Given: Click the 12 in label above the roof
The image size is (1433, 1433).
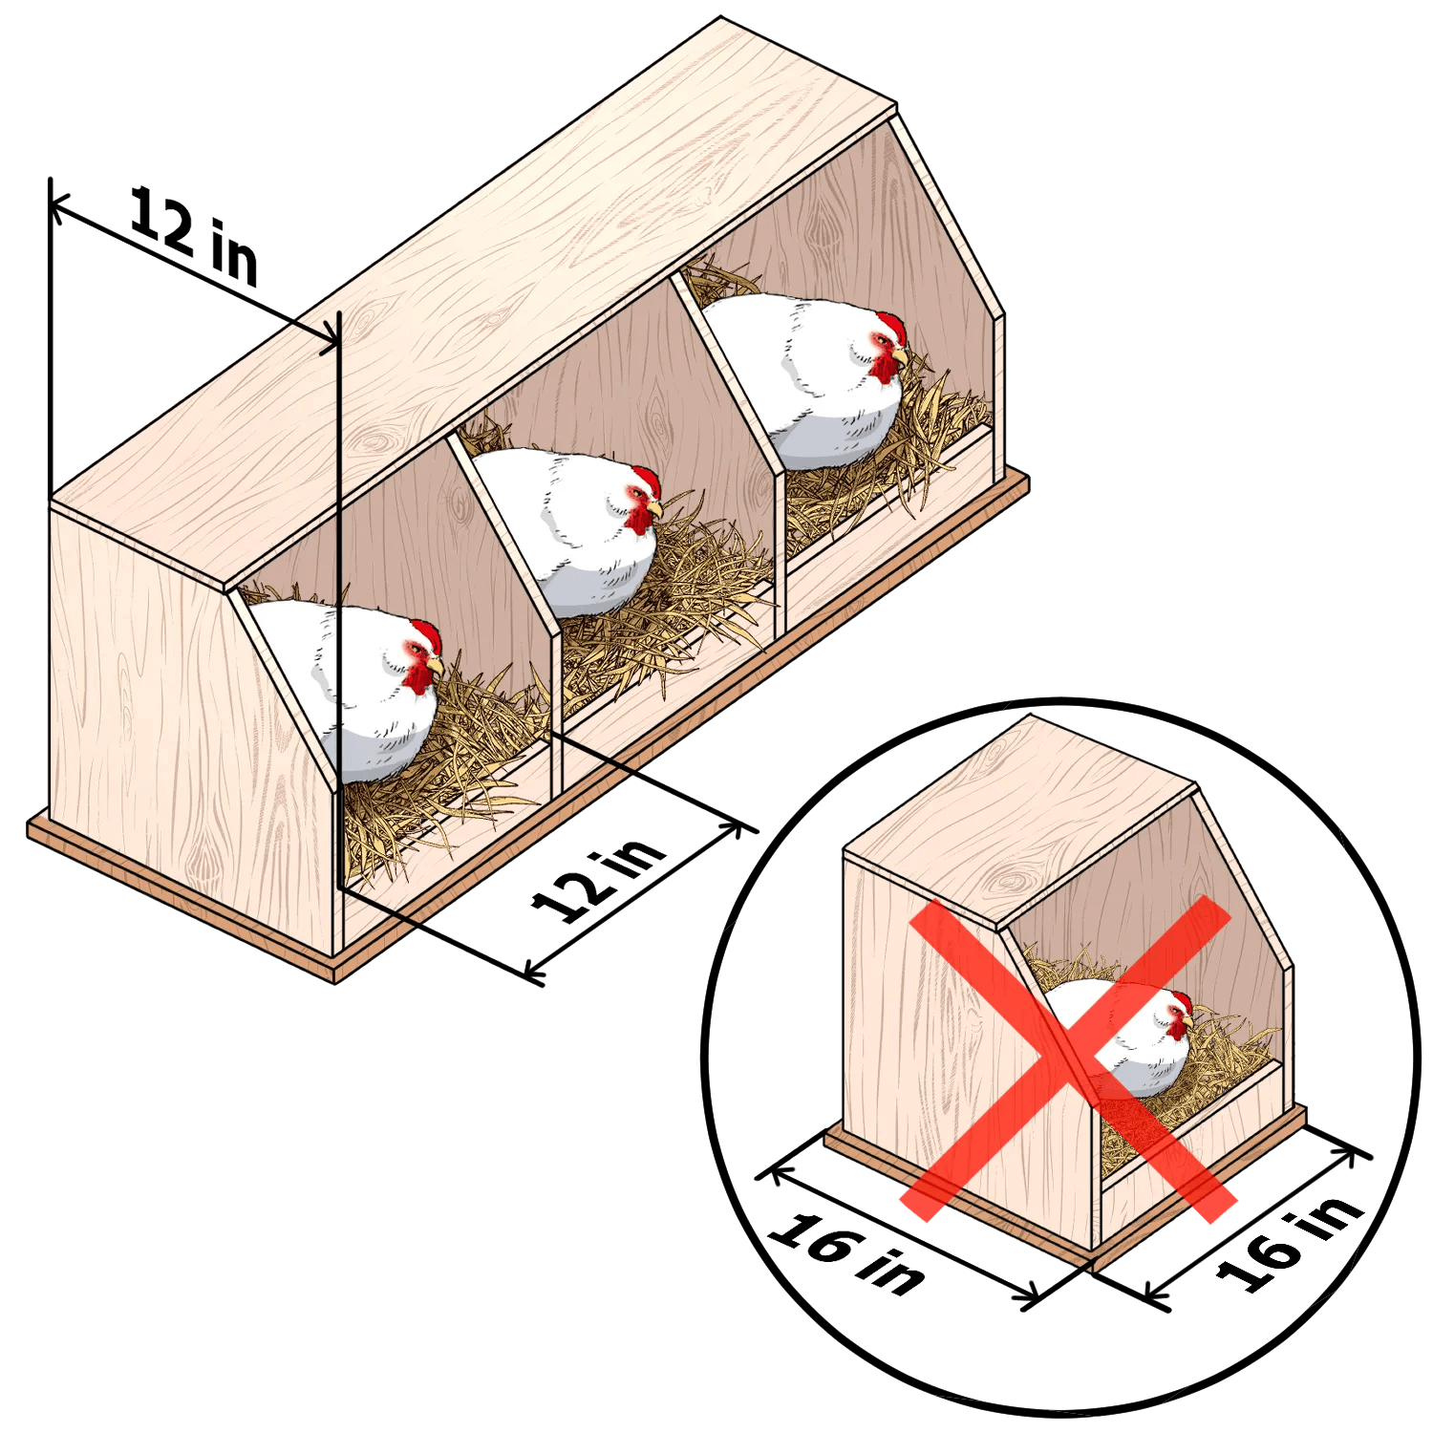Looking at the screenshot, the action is [x=194, y=236].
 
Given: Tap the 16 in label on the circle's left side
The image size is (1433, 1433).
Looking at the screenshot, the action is [x=845, y=1252].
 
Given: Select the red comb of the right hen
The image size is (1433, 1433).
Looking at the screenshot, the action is [x=892, y=328].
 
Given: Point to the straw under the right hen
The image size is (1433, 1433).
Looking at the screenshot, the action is [x=879, y=449].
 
